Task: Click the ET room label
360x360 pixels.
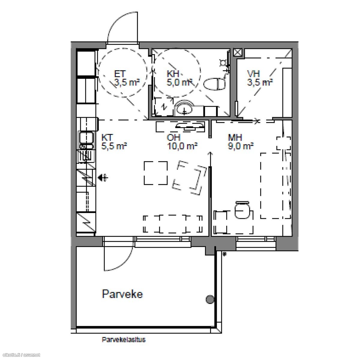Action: [x=120, y=74]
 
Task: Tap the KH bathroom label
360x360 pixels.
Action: [x=173, y=74]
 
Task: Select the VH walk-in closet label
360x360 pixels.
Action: [x=253, y=74]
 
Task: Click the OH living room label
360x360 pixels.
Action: [x=173, y=138]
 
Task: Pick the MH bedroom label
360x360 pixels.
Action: [x=235, y=138]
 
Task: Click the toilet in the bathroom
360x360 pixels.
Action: [x=214, y=84]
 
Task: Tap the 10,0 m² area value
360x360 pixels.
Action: [x=182, y=146]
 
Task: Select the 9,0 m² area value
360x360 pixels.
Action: [x=241, y=146]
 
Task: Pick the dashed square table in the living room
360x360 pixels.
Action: [x=156, y=173]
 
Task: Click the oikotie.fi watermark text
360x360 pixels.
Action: [x=20, y=355]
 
